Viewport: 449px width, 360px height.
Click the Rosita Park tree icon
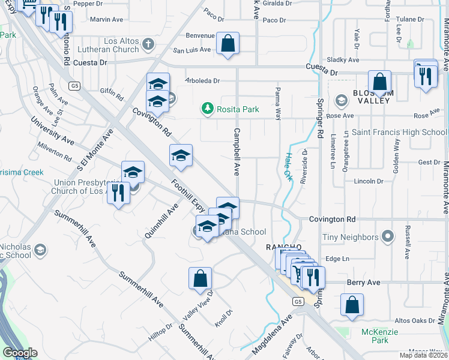(207, 109)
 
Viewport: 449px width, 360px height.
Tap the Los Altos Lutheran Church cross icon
(148, 44)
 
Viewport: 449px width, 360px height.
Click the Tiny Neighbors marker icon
(388, 237)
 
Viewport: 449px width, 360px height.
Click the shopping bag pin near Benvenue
(228, 43)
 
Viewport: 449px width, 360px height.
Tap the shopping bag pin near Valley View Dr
(200, 278)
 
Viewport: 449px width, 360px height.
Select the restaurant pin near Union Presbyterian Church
(118, 193)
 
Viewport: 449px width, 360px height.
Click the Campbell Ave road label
(237, 152)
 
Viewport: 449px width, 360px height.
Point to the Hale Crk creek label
(288, 166)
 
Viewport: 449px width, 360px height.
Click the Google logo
(20, 352)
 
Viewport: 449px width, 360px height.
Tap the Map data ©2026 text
(423, 355)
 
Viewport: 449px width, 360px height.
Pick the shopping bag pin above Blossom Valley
(379, 81)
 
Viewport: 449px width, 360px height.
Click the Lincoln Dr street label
(368, 181)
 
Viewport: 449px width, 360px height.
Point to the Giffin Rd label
(112, 93)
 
